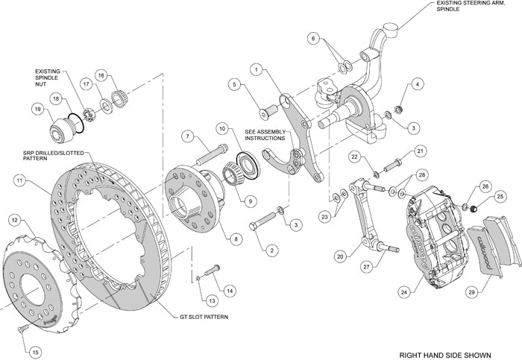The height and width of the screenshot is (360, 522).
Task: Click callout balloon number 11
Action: pyautogui.click(x=19, y=180)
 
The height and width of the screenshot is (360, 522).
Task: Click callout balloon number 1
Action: pyautogui.click(x=255, y=70)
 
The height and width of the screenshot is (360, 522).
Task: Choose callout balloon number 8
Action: pyautogui.click(x=236, y=239)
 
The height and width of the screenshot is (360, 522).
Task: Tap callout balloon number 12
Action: pyautogui.click(x=14, y=219)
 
